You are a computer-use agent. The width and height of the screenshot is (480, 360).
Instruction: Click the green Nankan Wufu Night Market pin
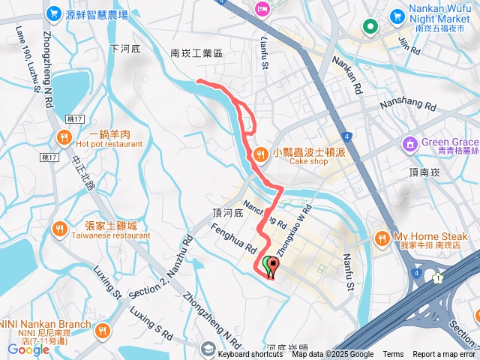pyautogui.click(x=370, y=28)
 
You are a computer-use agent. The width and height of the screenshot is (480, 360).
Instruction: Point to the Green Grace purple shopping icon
pyautogui.click(x=410, y=142)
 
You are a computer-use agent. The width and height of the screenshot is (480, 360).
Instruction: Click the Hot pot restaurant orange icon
pyautogui.click(x=63, y=136)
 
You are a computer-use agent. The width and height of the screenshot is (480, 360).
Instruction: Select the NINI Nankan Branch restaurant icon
pyautogui.click(x=103, y=330)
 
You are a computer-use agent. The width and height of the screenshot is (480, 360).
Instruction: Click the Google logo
pyautogui.click(x=28, y=349)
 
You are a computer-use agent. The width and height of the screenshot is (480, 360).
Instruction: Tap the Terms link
pyautogui.click(x=393, y=354)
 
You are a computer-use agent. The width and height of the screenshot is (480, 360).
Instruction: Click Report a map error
pyautogui.click(x=444, y=354)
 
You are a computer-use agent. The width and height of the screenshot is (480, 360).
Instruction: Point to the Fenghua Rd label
pyautogui.click(x=235, y=238)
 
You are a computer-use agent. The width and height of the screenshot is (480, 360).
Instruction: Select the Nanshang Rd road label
pyautogui.click(x=408, y=106)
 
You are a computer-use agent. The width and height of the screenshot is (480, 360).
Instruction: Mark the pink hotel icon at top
pyautogui.click(x=262, y=10)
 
